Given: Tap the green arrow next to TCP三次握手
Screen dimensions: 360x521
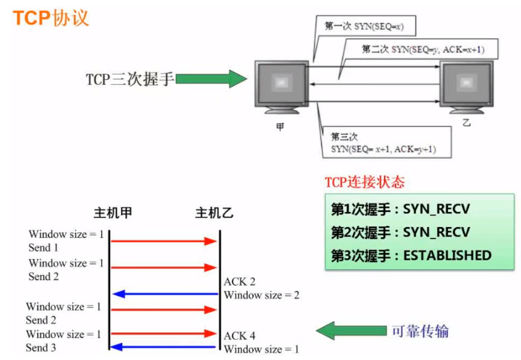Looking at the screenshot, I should click(x=210, y=79).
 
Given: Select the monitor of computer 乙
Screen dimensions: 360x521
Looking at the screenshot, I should click(x=466, y=84).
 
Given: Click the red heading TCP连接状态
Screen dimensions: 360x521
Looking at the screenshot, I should click(x=365, y=182).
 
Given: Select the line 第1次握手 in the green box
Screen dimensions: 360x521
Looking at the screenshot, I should click(x=400, y=209).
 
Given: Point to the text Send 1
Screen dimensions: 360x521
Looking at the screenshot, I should click(x=43, y=248).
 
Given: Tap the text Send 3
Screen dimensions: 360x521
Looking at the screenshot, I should click(x=41, y=348).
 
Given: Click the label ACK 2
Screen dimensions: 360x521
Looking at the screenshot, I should click(x=239, y=282).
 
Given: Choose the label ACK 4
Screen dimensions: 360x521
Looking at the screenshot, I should click(x=239, y=336).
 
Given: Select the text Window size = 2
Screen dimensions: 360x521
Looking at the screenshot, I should click(x=261, y=295).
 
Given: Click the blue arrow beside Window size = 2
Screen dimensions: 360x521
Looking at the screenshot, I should click(x=165, y=294).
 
